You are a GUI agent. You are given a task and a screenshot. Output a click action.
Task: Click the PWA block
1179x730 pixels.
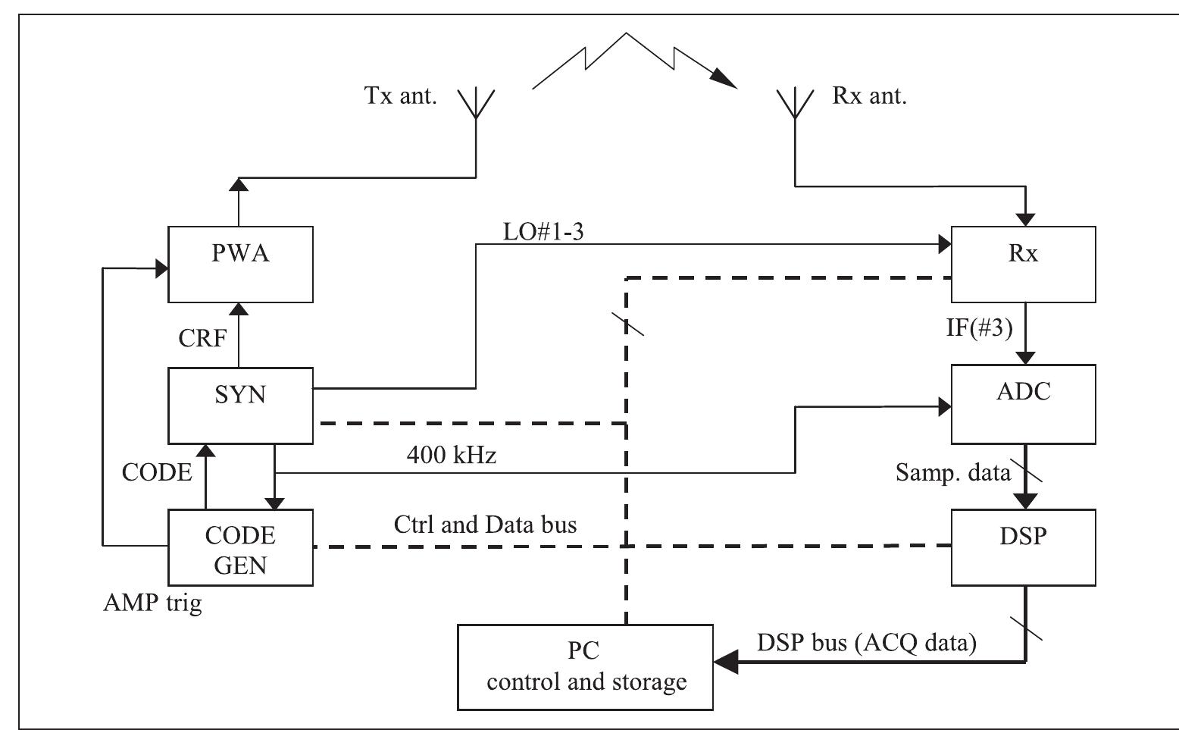240,264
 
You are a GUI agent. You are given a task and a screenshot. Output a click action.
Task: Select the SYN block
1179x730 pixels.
240,406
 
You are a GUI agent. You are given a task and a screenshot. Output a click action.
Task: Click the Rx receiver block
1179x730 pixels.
1023,264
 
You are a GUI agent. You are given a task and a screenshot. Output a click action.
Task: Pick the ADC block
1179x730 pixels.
1023,404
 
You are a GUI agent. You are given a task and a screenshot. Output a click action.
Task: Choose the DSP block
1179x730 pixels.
1023,547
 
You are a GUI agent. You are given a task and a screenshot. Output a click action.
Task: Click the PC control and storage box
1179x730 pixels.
586,667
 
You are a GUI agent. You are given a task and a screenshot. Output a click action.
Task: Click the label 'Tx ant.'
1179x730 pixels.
401,97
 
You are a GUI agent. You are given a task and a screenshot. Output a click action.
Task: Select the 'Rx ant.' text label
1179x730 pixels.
869,97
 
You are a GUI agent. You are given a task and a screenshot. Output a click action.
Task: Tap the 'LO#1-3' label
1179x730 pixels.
543,232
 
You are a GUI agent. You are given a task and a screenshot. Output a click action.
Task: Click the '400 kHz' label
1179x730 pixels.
452,456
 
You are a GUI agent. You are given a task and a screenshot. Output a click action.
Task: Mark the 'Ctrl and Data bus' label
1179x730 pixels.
486,525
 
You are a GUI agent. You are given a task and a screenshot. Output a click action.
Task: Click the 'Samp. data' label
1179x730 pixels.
952,472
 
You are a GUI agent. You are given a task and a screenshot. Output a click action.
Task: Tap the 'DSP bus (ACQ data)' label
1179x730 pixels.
867,643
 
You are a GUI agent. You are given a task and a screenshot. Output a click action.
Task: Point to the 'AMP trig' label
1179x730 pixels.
152,603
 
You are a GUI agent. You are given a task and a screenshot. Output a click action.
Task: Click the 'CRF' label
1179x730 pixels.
202,338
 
